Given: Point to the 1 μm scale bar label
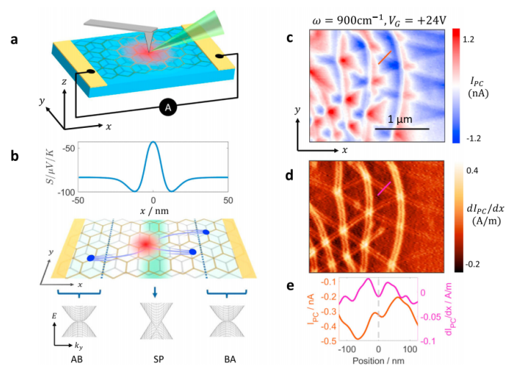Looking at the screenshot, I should (393, 119).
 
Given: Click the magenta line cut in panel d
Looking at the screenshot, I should (385, 188).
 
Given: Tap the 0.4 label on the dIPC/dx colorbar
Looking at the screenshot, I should (472, 172).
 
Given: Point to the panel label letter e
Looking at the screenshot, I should (290, 285).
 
